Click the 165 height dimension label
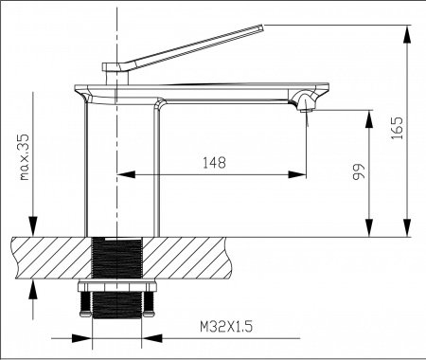(x=397, y=128)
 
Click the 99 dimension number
(x=359, y=171)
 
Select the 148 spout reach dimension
(x=214, y=163)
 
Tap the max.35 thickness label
(x=24, y=157)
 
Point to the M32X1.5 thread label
(x=226, y=327)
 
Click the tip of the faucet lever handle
(x=261, y=27)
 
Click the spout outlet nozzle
(x=305, y=110)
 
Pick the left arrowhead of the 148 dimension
(x=126, y=174)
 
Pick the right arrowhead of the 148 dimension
(x=297, y=174)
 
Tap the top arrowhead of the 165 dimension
(x=407, y=35)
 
